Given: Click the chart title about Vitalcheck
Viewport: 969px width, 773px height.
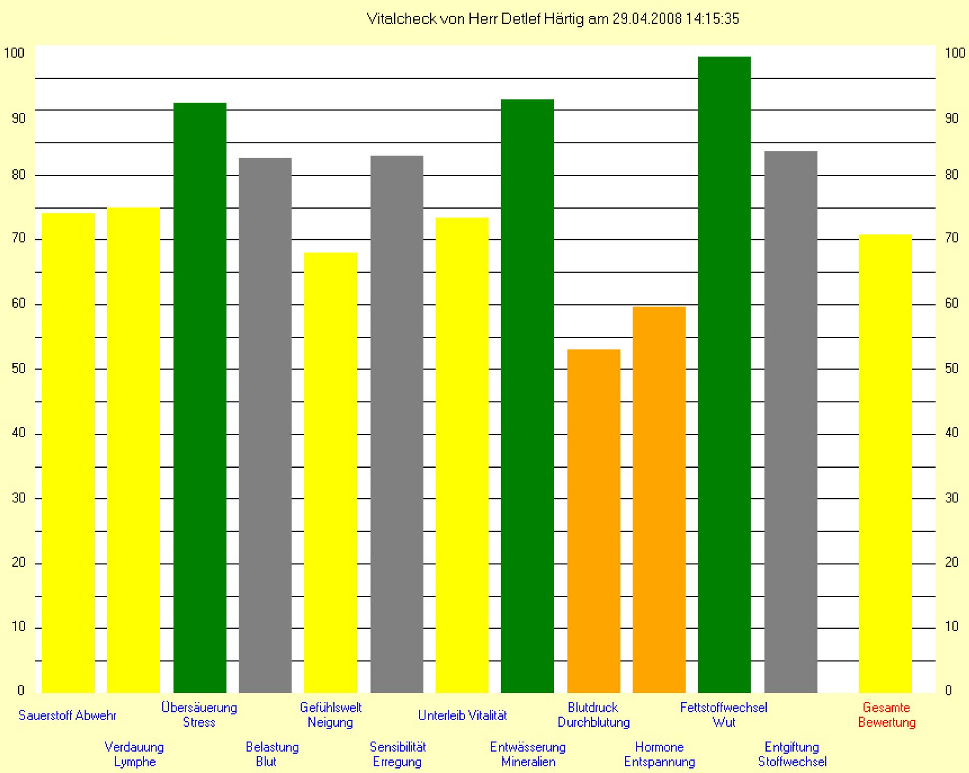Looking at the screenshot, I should tap(553, 19).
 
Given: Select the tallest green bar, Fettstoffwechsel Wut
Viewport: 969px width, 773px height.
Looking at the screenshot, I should tap(724, 374).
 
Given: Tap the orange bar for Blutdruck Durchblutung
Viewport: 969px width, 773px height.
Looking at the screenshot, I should tap(593, 521).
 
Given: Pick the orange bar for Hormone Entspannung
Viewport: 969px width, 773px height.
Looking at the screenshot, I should tap(659, 499).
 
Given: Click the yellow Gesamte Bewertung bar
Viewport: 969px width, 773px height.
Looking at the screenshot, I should tap(885, 463).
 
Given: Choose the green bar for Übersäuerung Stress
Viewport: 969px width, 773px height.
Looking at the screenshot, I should tap(199, 397).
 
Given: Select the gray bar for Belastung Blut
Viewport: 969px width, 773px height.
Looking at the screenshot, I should tap(265, 425).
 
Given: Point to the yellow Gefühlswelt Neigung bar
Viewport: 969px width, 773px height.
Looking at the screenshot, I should tap(330, 472).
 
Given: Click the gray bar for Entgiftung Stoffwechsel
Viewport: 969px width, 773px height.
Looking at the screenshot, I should tap(791, 422).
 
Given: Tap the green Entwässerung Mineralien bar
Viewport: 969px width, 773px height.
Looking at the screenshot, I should tap(527, 395).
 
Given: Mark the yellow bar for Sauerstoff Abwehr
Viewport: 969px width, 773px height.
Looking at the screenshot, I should tap(68, 452).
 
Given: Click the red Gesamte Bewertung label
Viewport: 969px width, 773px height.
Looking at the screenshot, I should tap(887, 715).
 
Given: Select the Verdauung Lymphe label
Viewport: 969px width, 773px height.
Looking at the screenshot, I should tap(134, 754).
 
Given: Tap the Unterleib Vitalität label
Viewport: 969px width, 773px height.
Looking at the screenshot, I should tap(462, 715).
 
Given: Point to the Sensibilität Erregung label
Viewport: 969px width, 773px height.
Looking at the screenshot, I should tap(397, 754).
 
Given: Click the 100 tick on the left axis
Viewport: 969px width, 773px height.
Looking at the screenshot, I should tap(14, 53).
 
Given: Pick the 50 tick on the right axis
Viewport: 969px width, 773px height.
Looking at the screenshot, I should tap(951, 369).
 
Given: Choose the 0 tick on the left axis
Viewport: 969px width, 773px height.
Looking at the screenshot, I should tap(20, 690).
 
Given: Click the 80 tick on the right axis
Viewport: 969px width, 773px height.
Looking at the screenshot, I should tap(951, 175).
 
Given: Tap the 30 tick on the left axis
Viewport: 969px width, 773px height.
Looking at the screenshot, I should tap(18, 498).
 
